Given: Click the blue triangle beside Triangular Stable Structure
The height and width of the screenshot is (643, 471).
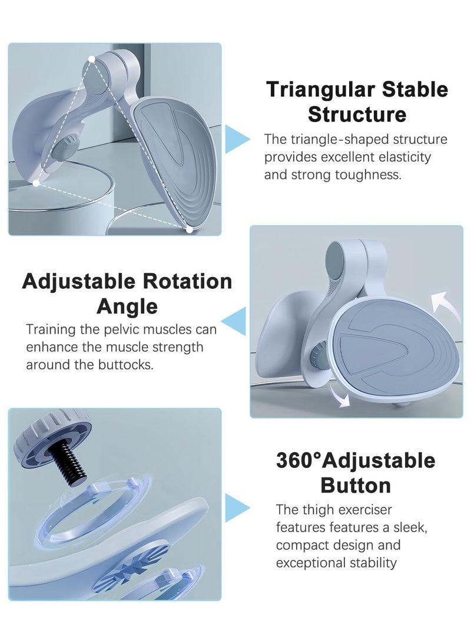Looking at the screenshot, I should pyautogui.click(x=237, y=139).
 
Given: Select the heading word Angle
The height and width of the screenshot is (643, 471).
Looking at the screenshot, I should pyautogui.click(x=127, y=306).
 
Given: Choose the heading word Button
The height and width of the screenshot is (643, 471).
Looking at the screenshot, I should pyautogui.click(x=356, y=486).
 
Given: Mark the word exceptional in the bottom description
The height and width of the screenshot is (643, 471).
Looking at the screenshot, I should pyautogui.click(x=314, y=562).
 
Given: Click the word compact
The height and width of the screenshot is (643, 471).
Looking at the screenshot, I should pyautogui.click(x=300, y=545).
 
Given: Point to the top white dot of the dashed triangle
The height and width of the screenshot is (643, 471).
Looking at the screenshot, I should pyautogui.click(x=92, y=59).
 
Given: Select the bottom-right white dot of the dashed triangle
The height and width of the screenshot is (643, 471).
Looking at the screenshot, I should pyautogui.click(x=190, y=229).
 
